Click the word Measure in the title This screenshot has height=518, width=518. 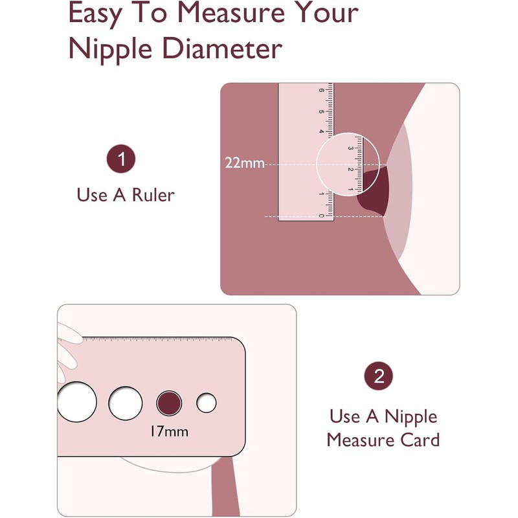231,12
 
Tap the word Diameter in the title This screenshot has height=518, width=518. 221,49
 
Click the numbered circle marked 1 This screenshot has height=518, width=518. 121,159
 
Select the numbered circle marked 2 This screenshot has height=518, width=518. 379,376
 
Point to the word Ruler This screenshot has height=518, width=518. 153,195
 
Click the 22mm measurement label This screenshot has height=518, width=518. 245,163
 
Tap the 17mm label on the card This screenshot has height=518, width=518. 169,431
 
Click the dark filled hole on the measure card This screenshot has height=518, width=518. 169,403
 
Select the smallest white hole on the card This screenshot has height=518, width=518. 206,403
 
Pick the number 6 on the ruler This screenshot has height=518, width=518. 321,90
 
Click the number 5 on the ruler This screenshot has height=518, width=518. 321,111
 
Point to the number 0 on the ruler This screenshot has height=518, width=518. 321,216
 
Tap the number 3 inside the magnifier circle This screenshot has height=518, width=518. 350,148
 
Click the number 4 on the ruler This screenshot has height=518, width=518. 321,131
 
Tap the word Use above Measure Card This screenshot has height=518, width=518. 345,416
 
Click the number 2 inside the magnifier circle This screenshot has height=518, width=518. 350,169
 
